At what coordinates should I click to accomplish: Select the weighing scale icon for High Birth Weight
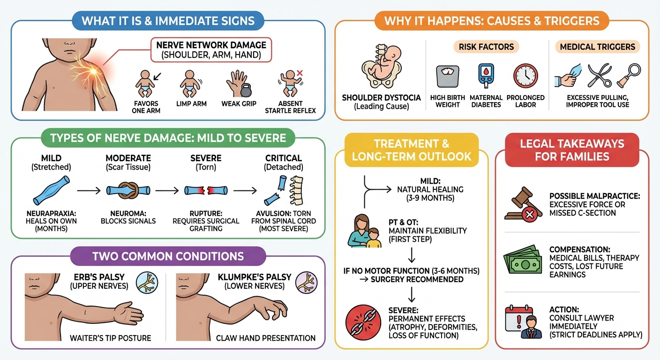(447, 76)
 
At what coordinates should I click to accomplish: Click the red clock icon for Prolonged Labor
(525, 75)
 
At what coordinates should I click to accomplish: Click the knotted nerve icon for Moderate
(128, 190)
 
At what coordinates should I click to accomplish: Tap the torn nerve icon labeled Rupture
(206, 190)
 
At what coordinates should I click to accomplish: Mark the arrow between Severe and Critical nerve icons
(244, 191)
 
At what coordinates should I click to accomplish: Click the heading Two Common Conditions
(167, 256)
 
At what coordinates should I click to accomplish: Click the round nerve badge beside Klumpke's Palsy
(307, 283)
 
